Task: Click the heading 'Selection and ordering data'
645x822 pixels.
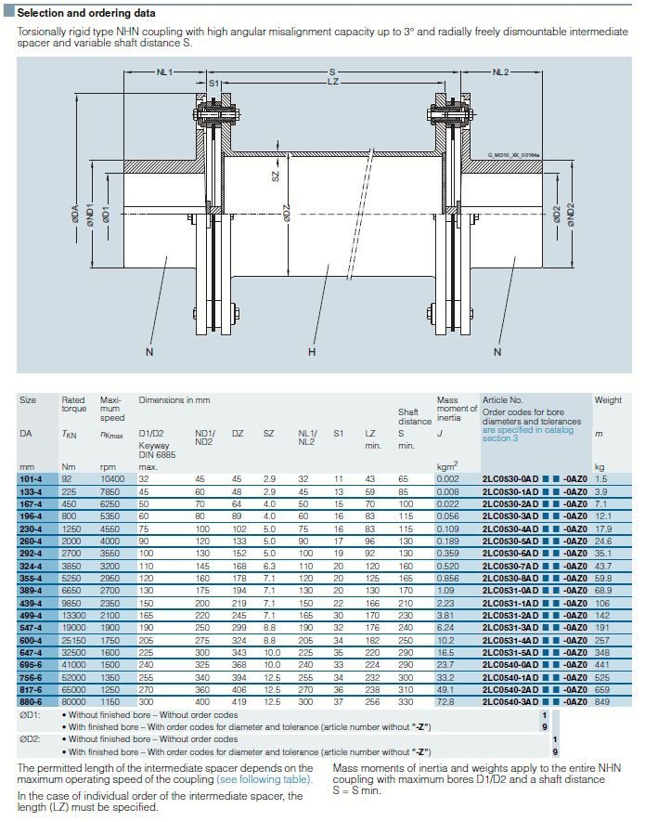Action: click(86, 13)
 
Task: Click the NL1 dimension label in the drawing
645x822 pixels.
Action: click(164, 72)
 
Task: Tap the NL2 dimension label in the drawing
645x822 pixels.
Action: click(500, 72)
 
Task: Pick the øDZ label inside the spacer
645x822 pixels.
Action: click(288, 213)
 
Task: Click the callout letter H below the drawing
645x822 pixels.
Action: click(312, 352)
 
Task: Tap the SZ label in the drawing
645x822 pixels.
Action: click(275, 173)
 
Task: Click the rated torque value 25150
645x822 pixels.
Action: click(74, 640)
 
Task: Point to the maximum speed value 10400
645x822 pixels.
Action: click(112, 478)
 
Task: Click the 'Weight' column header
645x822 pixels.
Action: click(608, 400)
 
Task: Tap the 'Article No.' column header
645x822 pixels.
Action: click(502, 400)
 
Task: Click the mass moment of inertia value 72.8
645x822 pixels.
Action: click(447, 701)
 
